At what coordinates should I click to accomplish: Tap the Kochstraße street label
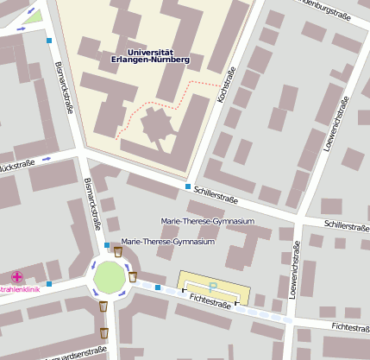click(x=227, y=87)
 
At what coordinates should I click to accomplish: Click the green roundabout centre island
click(x=110, y=277)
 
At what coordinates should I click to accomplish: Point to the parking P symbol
click(x=213, y=284)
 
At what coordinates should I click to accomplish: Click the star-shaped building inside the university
click(x=155, y=126)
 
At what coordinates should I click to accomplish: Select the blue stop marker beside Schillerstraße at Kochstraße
click(x=188, y=186)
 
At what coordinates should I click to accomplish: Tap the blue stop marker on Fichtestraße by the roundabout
click(x=158, y=287)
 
